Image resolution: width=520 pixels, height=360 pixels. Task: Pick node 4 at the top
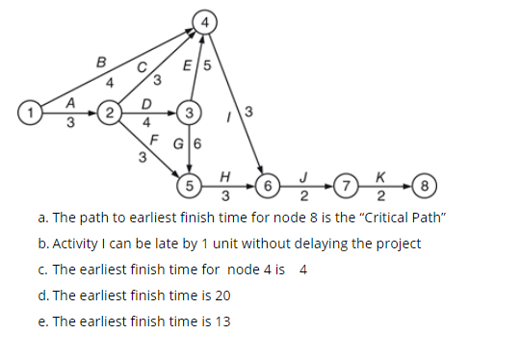click(x=203, y=19)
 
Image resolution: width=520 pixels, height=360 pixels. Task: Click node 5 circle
click(x=191, y=182)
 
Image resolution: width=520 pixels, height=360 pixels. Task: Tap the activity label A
click(x=69, y=103)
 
